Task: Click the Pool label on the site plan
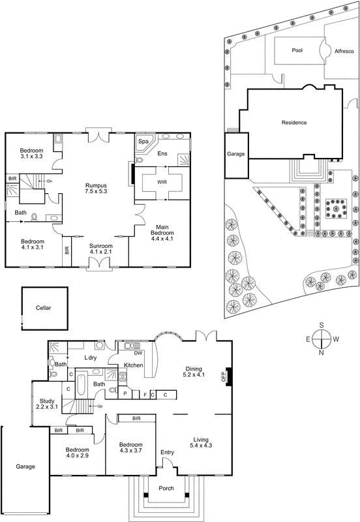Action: coord(297,50)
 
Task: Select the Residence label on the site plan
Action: coord(293,123)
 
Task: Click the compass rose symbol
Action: coord(322,340)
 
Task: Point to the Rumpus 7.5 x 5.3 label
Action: coord(96,189)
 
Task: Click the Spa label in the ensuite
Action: coord(143,141)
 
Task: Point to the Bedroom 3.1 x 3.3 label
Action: coord(31,153)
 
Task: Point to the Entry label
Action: coord(168,452)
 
